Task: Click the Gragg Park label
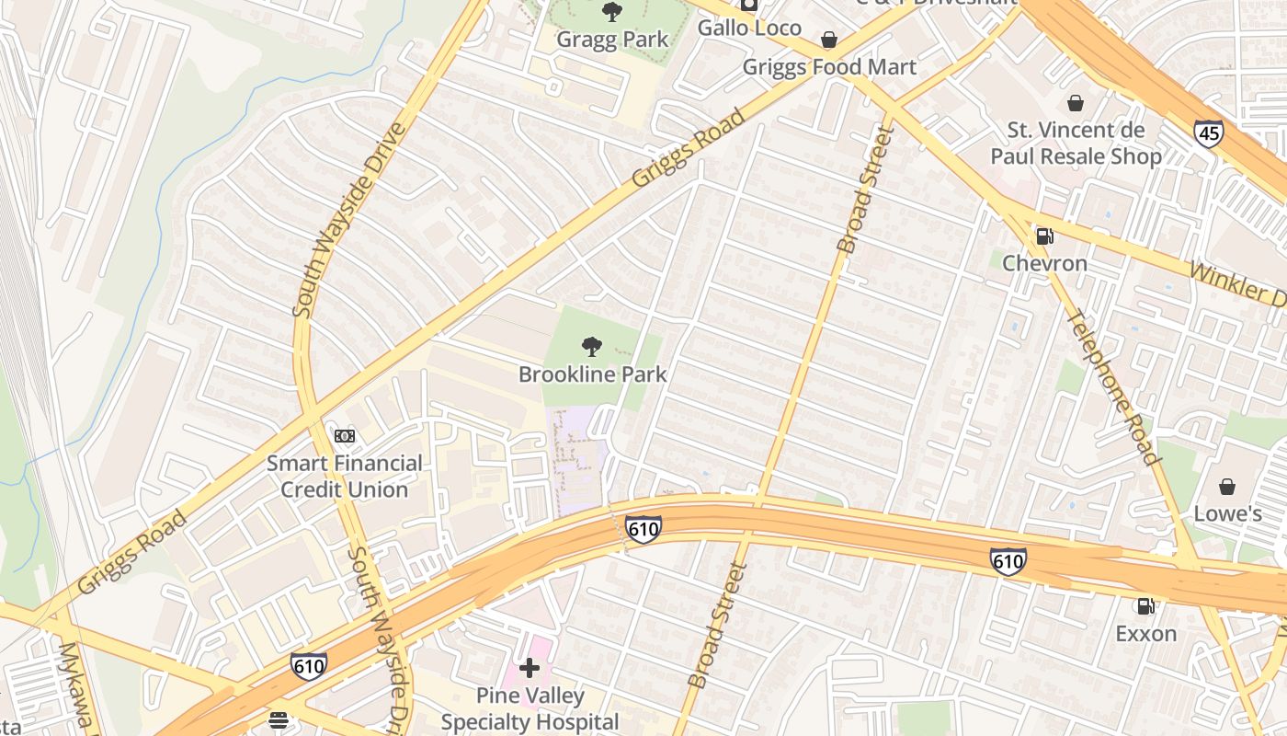(x=612, y=40)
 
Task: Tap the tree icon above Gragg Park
(x=612, y=12)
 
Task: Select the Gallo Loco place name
(x=749, y=28)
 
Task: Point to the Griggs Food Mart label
(x=829, y=67)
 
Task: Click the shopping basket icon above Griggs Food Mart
(x=829, y=40)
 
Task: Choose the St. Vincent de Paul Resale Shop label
(x=1076, y=144)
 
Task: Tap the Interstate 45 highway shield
(x=1209, y=134)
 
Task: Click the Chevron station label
(x=1044, y=263)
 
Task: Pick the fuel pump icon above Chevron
(x=1044, y=236)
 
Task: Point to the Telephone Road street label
(x=1110, y=387)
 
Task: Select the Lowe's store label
(x=1226, y=513)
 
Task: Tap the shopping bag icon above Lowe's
(x=1226, y=486)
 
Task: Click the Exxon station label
(x=1145, y=633)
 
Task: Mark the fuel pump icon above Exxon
(x=1145, y=606)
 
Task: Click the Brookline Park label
(x=593, y=374)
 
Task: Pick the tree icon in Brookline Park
(x=593, y=347)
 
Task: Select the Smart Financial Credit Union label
(x=345, y=477)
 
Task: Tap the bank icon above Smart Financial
(x=345, y=435)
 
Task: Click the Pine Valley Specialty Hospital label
(x=530, y=708)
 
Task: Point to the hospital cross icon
(x=530, y=668)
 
